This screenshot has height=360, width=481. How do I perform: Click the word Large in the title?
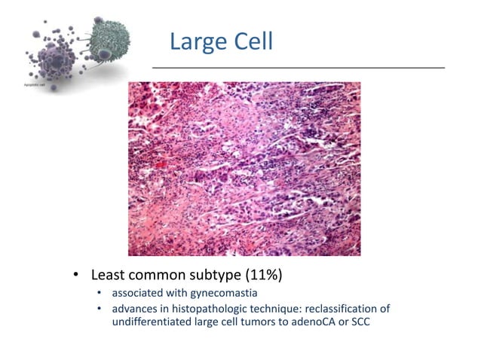196,41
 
